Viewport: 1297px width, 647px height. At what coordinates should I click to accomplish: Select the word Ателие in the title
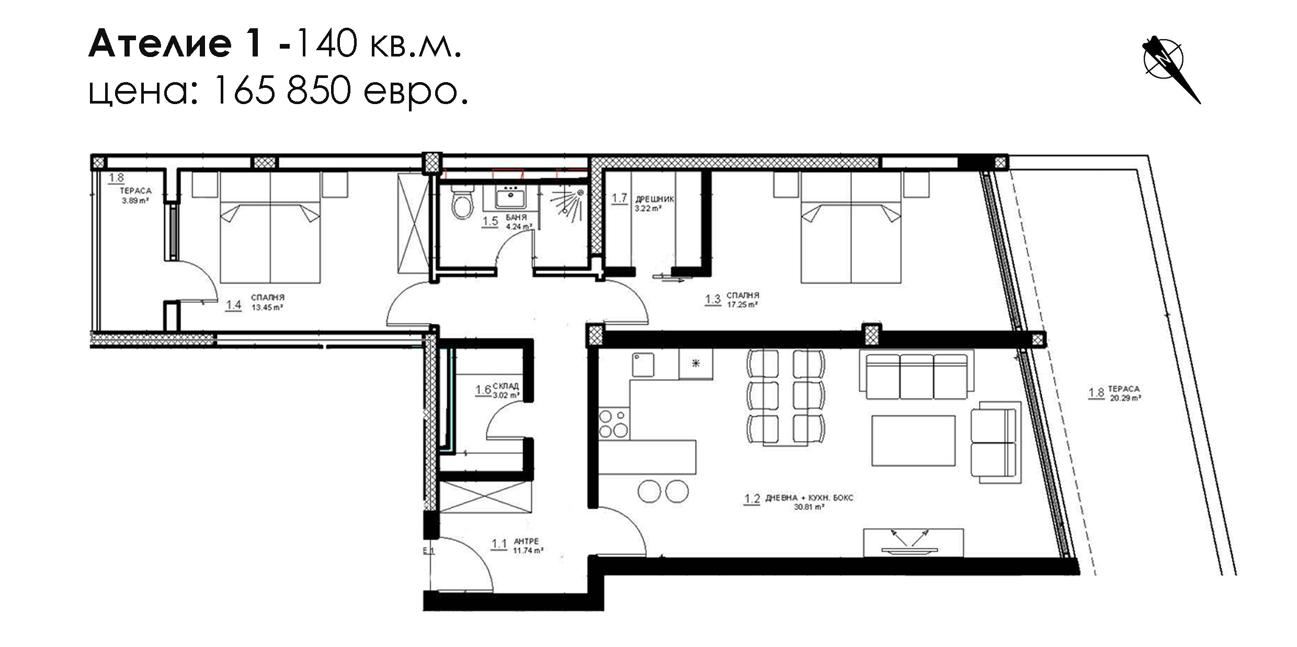160,43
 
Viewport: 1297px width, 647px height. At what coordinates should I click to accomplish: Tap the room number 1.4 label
233,305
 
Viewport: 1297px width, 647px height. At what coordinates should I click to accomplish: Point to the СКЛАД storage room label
505,386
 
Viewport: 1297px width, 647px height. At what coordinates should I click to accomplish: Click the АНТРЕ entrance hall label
526,541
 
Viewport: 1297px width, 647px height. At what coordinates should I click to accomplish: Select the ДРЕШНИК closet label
655,199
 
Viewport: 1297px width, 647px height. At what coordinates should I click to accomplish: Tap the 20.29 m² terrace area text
1125,398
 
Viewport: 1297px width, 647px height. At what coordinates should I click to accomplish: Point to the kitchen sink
643,365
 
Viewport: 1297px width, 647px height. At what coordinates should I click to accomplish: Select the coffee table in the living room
913,440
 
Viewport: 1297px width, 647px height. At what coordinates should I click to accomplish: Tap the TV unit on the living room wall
913,542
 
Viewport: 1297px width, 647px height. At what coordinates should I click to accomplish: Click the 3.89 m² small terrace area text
136,200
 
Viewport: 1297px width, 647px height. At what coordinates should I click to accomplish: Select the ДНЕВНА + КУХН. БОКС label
809,498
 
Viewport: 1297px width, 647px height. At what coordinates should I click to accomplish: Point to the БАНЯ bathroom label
516,217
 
